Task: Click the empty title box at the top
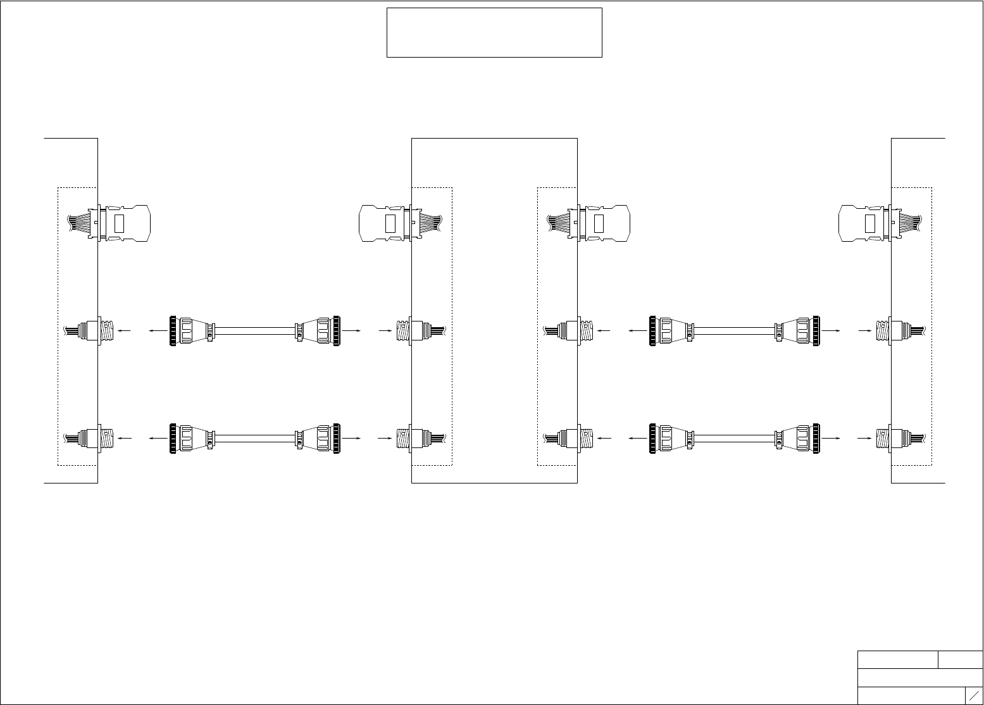[x=494, y=32]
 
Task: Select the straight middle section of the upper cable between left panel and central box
[x=254, y=330]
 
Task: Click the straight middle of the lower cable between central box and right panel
[x=734, y=437]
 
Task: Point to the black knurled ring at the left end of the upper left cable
[x=171, y=330]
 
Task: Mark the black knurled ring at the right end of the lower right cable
[x=817, y=437]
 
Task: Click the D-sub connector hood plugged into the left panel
[x=127, y=223]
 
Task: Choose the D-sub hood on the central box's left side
[x=381, y=223]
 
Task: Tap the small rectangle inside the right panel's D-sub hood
[x=870, y=223]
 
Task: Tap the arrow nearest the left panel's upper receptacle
[x=125, y=330]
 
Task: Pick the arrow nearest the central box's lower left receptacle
[x=384, y=437]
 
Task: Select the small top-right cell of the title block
[x=960, y=659]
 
